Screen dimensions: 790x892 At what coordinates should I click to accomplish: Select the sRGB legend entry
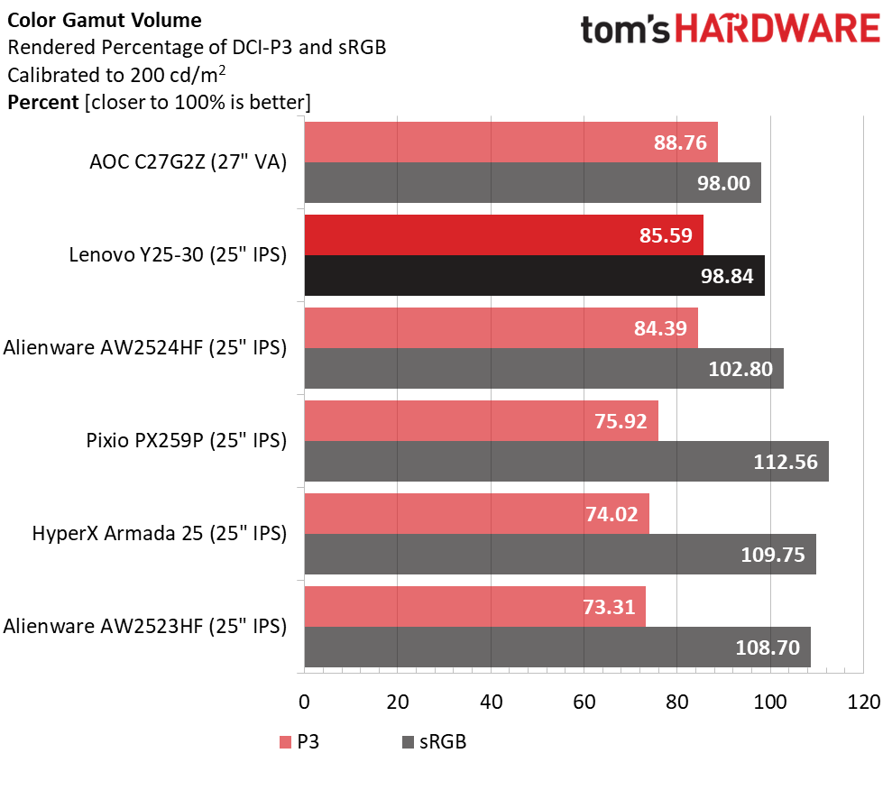coord(433,742)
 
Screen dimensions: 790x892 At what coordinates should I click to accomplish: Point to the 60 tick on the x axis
coord(584,702)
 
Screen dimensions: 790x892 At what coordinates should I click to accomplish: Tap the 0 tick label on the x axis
coord(305,702)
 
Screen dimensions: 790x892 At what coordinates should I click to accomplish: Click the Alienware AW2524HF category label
coord(145,347)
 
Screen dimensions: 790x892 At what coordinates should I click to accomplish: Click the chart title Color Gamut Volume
coord(105,20)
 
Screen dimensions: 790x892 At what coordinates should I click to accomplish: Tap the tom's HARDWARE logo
coord(730,31)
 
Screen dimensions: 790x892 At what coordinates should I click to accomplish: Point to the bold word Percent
coord(42,102)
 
